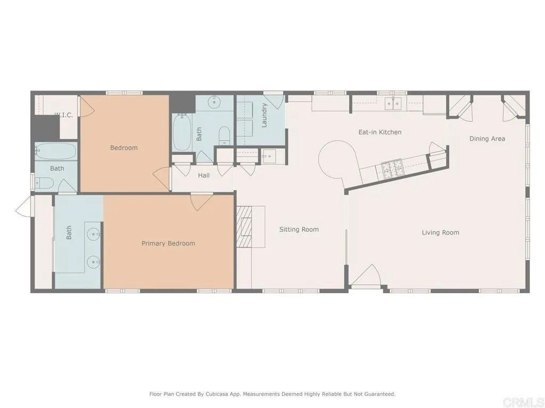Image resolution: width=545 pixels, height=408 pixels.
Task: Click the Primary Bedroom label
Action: [168, 243]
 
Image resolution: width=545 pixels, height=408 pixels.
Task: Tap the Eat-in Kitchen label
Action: [379, 132]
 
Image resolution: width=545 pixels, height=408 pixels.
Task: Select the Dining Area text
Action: [487, 139]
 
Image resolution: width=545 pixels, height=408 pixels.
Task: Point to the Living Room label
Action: [440, 232]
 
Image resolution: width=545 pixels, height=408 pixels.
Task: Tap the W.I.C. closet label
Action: [64, 115]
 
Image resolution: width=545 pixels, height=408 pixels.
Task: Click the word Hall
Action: [203, 175]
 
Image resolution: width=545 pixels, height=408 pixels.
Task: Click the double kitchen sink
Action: [393, 104]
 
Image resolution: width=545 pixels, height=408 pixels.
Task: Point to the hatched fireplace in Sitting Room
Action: [245, 227]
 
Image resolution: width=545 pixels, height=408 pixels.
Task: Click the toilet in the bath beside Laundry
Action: [224, 135]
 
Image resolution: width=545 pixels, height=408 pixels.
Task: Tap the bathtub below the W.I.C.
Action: [56, 151]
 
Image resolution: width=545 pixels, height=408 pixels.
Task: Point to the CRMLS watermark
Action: [524, 401]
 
